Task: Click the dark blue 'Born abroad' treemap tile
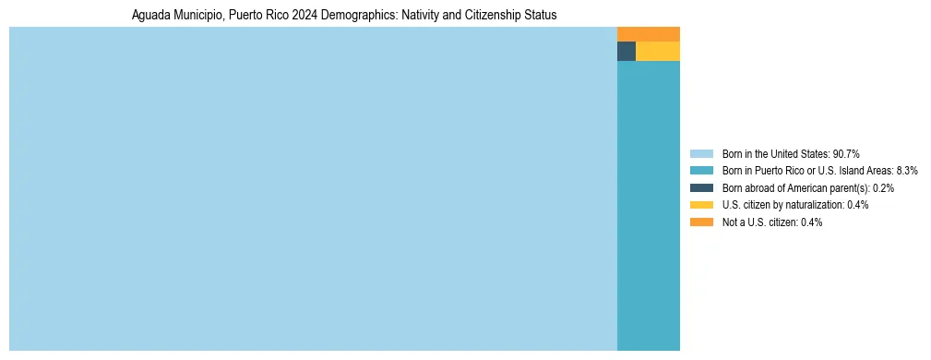(626, 52)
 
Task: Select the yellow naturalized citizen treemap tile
(657, 52)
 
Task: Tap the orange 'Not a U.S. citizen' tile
(648, 34)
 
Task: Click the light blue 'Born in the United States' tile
(313, 188)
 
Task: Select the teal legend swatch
(701, 171)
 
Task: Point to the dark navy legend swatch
(701, 187)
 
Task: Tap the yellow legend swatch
(701, 205)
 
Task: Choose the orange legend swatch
(701, 222)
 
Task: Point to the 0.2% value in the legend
(881, 187)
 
